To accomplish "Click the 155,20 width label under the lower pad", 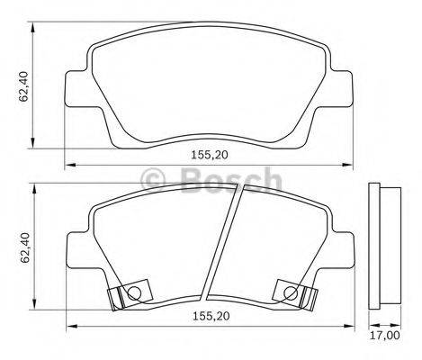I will pos(210,317).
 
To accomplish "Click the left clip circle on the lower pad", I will pos(133,292).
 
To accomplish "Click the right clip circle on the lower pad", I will pos(289,292).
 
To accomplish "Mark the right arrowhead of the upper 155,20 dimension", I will pos(352,165).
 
